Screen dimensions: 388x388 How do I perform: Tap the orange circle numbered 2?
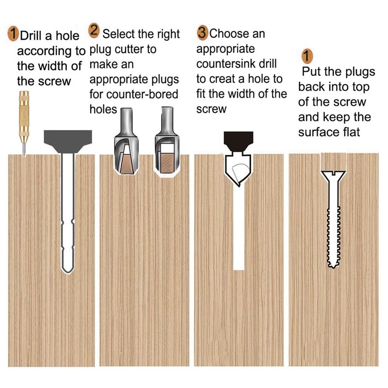(x=94, y=31)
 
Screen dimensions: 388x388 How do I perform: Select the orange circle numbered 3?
(x=202, y=32)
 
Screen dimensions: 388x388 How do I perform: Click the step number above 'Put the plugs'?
(x=307, y=56)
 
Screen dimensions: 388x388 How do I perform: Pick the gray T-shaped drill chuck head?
(x=68, y=141)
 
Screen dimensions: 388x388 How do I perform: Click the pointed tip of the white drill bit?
(x=67, y=273)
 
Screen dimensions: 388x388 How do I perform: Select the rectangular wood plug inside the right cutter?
(x=167, y=162)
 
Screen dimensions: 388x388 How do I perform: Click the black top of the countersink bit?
(x=238, y=141)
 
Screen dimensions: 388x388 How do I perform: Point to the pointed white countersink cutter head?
(x=238, y=169)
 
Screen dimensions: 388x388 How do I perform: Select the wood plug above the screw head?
(x=333, y=162)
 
